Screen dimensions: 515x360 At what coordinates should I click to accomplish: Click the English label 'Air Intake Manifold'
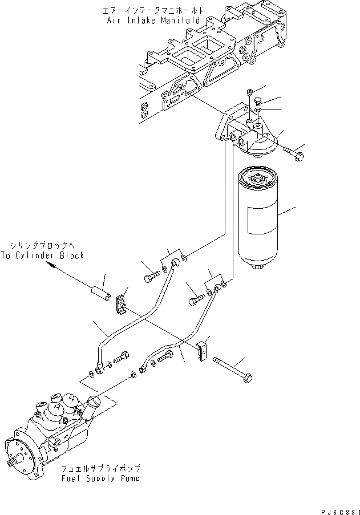pos(153,20)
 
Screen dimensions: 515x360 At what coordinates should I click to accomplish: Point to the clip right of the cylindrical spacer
pos(122,305)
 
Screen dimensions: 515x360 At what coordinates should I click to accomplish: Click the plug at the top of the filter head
pos(250,92)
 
